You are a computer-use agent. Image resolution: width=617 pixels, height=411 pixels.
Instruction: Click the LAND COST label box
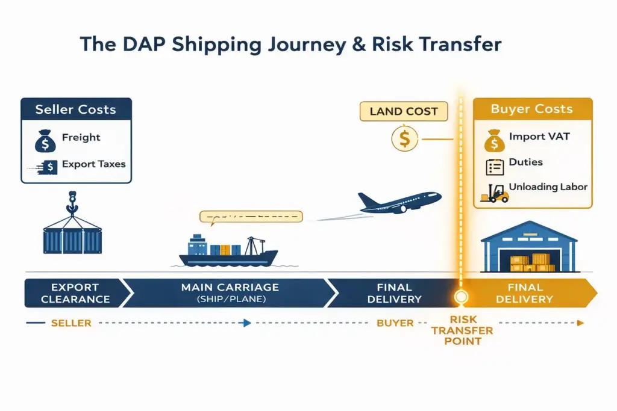403,111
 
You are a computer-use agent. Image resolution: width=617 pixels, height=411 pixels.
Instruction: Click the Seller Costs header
75,110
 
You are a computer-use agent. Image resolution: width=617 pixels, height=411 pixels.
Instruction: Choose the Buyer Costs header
532,109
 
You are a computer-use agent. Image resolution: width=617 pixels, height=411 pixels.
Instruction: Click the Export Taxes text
94,164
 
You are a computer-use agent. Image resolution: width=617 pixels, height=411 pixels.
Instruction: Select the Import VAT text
539,137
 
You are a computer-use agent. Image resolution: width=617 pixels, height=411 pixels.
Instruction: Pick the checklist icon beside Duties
494,167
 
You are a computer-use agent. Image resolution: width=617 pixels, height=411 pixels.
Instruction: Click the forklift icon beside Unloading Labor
494,193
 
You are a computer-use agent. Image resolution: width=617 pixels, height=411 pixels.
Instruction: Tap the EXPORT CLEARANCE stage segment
75,293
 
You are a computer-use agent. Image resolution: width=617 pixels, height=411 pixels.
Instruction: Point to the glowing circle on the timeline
462,296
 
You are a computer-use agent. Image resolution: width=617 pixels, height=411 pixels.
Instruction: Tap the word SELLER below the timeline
71,323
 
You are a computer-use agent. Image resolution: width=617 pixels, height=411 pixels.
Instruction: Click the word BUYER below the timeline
395,323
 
